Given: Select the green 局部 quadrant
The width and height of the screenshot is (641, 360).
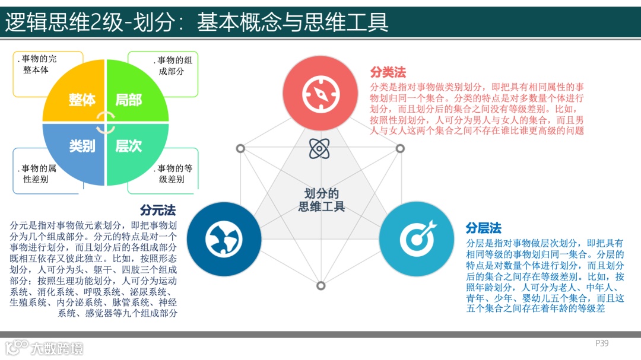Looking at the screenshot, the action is coord(133,95).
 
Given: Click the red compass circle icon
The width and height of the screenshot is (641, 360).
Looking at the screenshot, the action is coord(320,93).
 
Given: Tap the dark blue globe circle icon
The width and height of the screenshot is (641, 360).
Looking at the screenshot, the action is coord(224,239).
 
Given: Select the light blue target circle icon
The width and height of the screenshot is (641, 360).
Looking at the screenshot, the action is coord(417,239).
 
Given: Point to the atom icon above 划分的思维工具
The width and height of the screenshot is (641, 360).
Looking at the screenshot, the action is coord(319,148).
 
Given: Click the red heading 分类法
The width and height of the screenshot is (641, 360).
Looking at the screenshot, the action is coord(388,72).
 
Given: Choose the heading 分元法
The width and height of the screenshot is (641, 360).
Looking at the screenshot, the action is coord(158,211).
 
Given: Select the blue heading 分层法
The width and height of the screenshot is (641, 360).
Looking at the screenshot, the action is coord(484,228).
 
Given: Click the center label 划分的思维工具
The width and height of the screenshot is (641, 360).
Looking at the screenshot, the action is coord(321,200).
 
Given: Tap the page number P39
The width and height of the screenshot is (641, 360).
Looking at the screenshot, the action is coord(602,343).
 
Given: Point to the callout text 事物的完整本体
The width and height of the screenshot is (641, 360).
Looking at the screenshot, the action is coord(39,65).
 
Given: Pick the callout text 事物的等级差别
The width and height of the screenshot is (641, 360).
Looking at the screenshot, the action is coord(172,173).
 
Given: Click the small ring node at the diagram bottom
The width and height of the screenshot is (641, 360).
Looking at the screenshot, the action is coord(321,286).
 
